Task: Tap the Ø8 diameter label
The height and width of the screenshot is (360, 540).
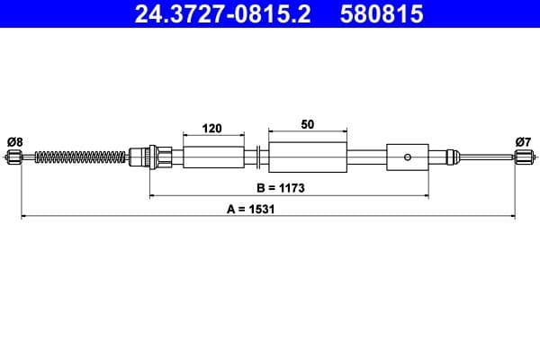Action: pos(14,140)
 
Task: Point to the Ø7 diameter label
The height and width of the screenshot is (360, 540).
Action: pos(523,140)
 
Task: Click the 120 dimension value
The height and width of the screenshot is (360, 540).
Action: pos(212,129)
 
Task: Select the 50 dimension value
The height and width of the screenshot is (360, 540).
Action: pos(308,125)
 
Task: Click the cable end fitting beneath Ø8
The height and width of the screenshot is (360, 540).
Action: pos(13,158)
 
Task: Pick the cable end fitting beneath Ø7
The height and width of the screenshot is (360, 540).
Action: pos(523,158)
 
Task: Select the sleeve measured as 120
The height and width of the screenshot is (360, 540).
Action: pos(213,157)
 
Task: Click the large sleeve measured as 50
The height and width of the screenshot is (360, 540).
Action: pos(308,157)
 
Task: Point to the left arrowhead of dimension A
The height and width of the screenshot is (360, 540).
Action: pos(22,216)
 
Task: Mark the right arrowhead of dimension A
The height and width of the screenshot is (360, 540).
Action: pos(514,216)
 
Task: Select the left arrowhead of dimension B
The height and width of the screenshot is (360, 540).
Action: pos(152,196)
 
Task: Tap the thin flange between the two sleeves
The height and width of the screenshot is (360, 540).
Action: pos(258,157)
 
